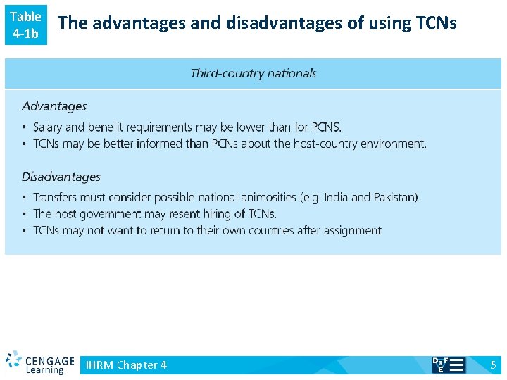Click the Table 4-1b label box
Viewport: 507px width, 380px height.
(x=25, y=25)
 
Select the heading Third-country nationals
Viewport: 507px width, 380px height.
(x=254, y=73)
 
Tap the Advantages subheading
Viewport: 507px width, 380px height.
(x=54, y=106)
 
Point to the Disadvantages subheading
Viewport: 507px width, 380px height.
(x=61, y=177)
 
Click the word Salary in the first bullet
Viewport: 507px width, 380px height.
(x=48, y=127)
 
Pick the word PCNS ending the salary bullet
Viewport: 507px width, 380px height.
(x=325, y=127)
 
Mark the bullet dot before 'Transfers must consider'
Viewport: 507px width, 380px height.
(x=25, y=198)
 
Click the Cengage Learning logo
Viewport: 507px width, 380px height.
(x=39, y=363)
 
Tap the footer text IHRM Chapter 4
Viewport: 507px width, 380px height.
(x=126, y=365)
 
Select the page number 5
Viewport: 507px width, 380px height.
(x=493, y=365)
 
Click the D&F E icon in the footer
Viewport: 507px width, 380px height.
(x=448, y=365)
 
